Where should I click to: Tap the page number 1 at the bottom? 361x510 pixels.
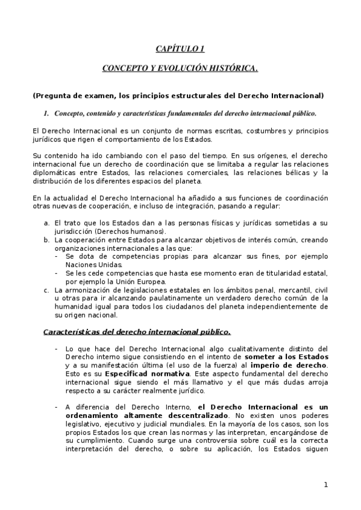point(325,485)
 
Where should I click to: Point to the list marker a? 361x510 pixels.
point(46,224)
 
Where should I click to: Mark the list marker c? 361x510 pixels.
point(46,290)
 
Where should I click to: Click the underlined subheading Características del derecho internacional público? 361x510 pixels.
point(137,331)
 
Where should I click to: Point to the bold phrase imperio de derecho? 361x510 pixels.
point(291,365)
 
